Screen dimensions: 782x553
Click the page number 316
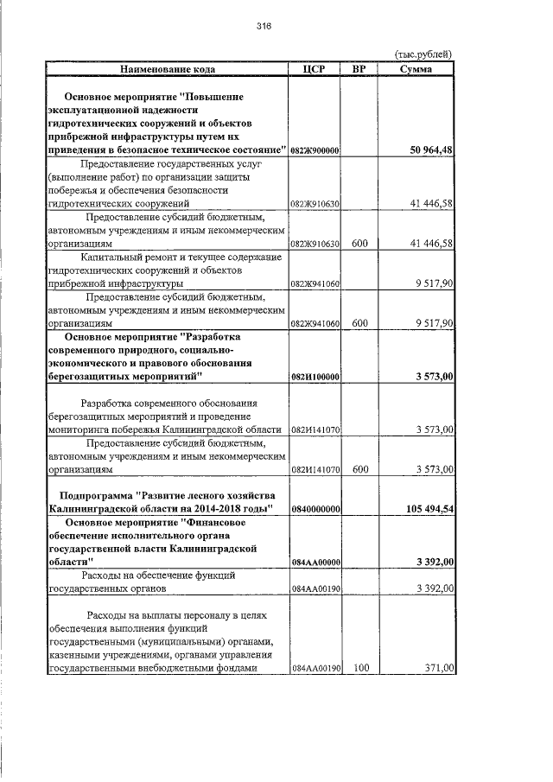[264, 27]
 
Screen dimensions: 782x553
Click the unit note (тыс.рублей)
[423, 54]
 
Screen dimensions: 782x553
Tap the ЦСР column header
[315, 67]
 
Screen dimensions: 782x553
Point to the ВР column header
[360, 67]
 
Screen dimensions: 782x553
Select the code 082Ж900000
[315, 151]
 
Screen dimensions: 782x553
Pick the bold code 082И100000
[315, 378]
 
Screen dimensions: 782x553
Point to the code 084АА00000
[315, 563]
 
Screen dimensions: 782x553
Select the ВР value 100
[360, 669]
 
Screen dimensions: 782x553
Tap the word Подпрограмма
[95, 496]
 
